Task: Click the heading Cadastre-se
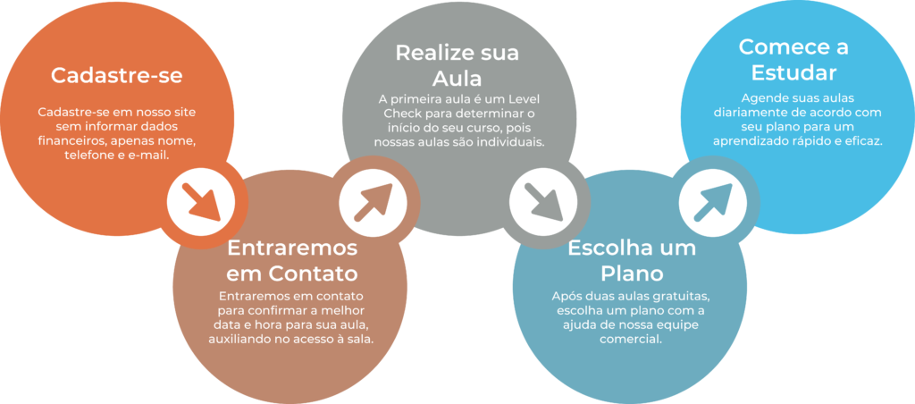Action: pyautogui.click(x=116, y=76)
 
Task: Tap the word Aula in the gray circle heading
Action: pyautogui.click(x=457, y=78)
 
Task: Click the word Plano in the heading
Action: pyautogui.click(x=632, y=273)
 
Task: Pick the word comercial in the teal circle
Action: pyautogui.click(x=632, y=340)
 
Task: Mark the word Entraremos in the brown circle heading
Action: pyautogui.click(x=292, y=248)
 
